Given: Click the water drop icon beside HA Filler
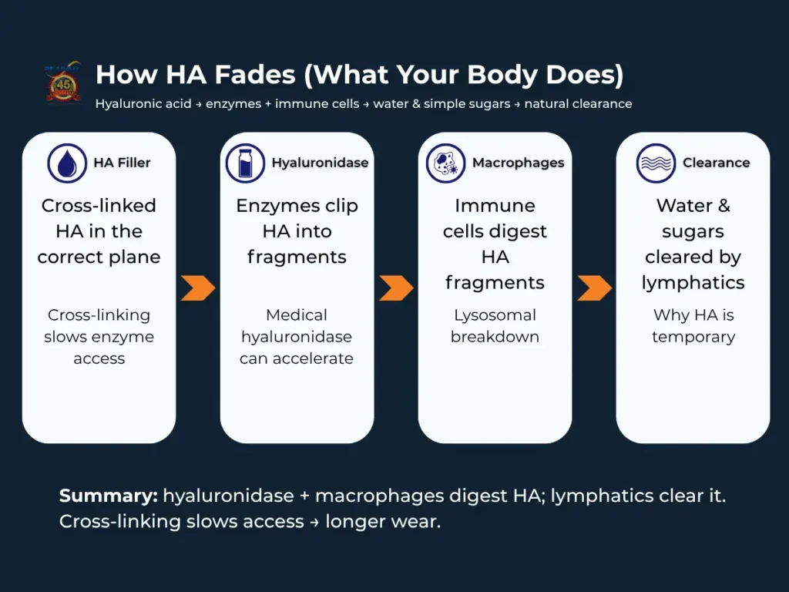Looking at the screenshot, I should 67,163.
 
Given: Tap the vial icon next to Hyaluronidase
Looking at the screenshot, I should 245,163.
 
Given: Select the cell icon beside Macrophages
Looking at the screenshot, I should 446,163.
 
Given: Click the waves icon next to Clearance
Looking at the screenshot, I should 656,163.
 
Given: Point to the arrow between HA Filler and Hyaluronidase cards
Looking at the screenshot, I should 198,288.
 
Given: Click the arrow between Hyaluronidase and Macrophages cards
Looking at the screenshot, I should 396,288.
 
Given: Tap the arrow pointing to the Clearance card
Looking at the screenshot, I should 594,288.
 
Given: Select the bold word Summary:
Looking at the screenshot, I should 108,496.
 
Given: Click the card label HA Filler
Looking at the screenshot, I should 122,163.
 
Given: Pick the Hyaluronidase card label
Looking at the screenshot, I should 320,163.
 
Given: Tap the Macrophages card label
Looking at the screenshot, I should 518,163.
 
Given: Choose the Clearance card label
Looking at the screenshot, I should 716,163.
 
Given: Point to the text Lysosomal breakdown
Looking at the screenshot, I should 495,326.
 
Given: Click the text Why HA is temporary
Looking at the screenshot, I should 693,326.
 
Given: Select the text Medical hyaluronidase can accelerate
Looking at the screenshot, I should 297,337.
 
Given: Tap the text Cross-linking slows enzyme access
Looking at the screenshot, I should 99,337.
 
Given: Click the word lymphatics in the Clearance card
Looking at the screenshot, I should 693,283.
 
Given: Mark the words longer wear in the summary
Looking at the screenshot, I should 382,522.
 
